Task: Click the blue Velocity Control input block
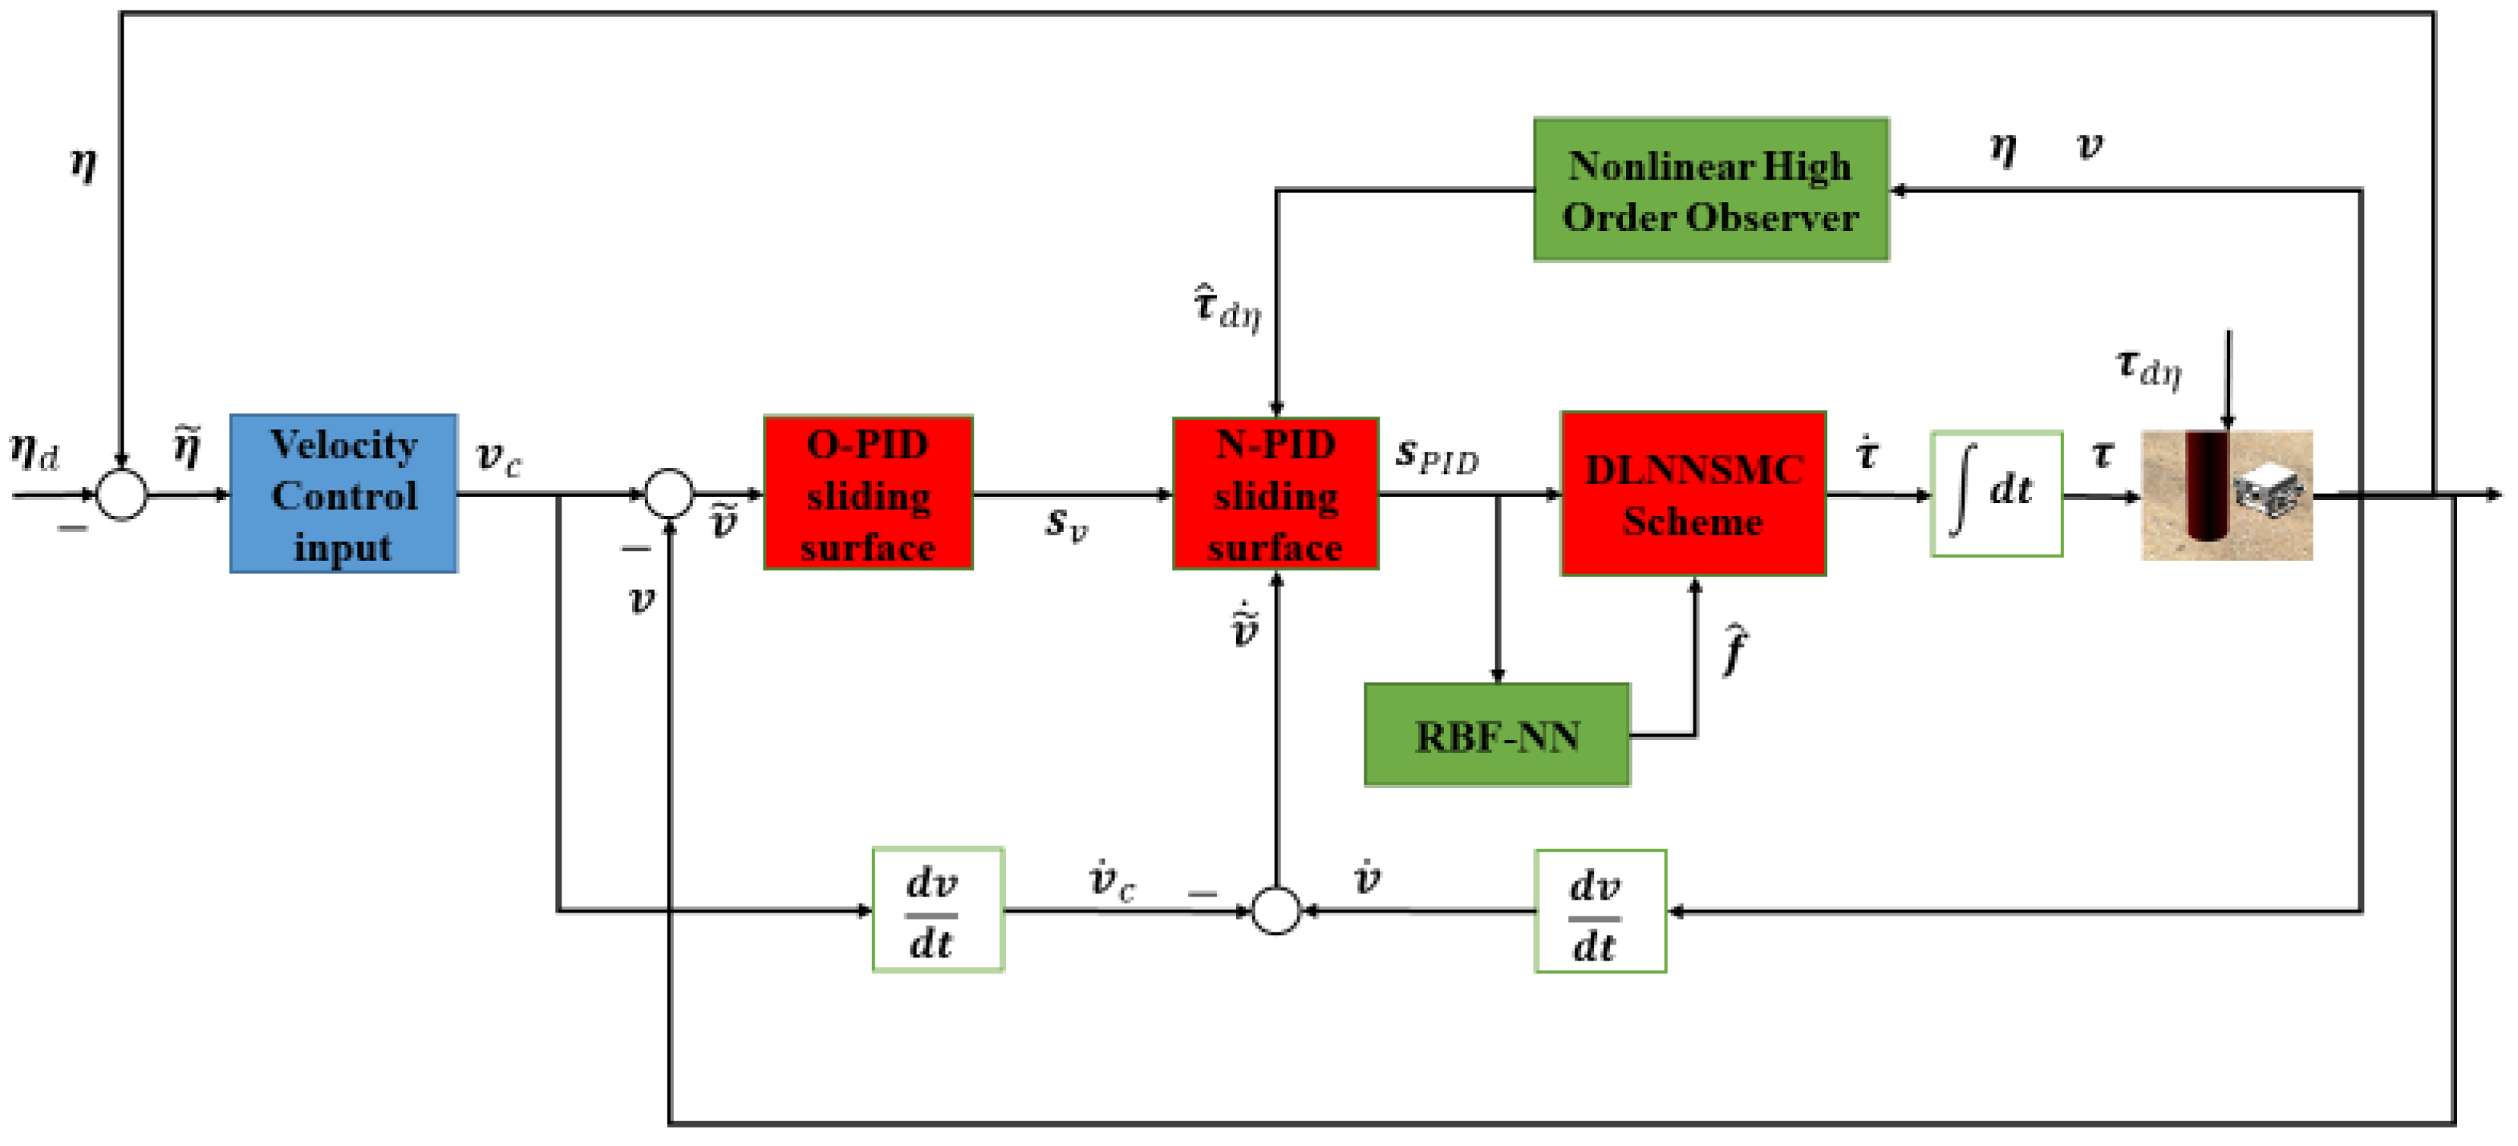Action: coord(343,494)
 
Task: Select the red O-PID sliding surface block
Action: coord(867,494)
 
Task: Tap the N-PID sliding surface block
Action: coord(1275,494)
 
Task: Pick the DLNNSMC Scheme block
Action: coord(1693,494)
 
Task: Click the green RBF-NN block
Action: coord(1497,735)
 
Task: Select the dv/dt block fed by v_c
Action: coord(938,910)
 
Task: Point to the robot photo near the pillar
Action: coord(2226,496)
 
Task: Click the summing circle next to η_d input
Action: coord(122,495)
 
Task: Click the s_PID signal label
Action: coord(1437,456)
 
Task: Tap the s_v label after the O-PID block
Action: coord(1065,524)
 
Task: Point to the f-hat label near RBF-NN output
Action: coord(1734,648)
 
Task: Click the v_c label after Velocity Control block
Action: coord(498,457)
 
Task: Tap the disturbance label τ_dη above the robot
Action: coord(2148,368)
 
